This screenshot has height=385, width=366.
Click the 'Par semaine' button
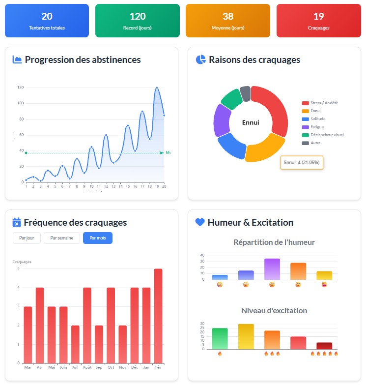pos(61,238)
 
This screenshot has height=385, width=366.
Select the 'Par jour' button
pos(27,238)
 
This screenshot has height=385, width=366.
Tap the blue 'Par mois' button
pos(98,238)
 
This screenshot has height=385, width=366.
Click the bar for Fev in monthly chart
pos(158,316)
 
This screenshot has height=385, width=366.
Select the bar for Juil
pos(75,344)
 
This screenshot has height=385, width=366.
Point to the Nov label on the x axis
pos(122,367)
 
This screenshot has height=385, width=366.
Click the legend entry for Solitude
pos(314,119)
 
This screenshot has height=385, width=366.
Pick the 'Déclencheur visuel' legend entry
pos(323,135)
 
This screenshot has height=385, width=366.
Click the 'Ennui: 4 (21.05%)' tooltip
pos(301,163)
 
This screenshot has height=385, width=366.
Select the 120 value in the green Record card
pos(138,17)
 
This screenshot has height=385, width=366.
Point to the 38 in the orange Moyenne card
pos(228,17)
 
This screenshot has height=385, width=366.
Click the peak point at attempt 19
pos(157,88)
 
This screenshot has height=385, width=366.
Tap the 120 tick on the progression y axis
pos(20,88)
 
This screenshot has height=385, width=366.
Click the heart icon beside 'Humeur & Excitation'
pos(200,222)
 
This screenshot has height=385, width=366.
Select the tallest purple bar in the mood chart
pos(272,269)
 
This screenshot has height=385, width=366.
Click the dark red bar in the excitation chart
pos(324,346)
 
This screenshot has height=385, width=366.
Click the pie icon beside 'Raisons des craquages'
pos(200,59)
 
